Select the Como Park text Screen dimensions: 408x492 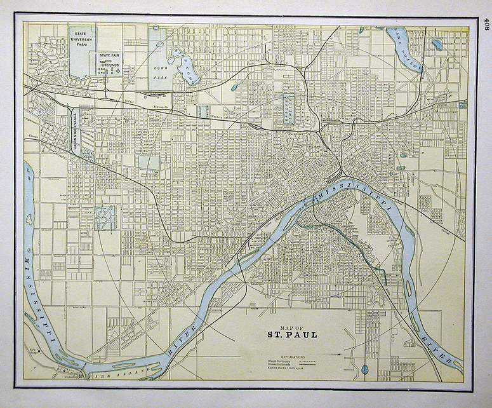point(159,69)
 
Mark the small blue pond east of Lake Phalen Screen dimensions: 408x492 point(437,44)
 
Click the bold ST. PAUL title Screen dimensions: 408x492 point(290,334)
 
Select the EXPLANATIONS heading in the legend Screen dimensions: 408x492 point(291,357)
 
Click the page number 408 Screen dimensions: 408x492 point(486,24)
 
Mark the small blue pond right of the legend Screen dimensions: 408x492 point(365,369)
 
